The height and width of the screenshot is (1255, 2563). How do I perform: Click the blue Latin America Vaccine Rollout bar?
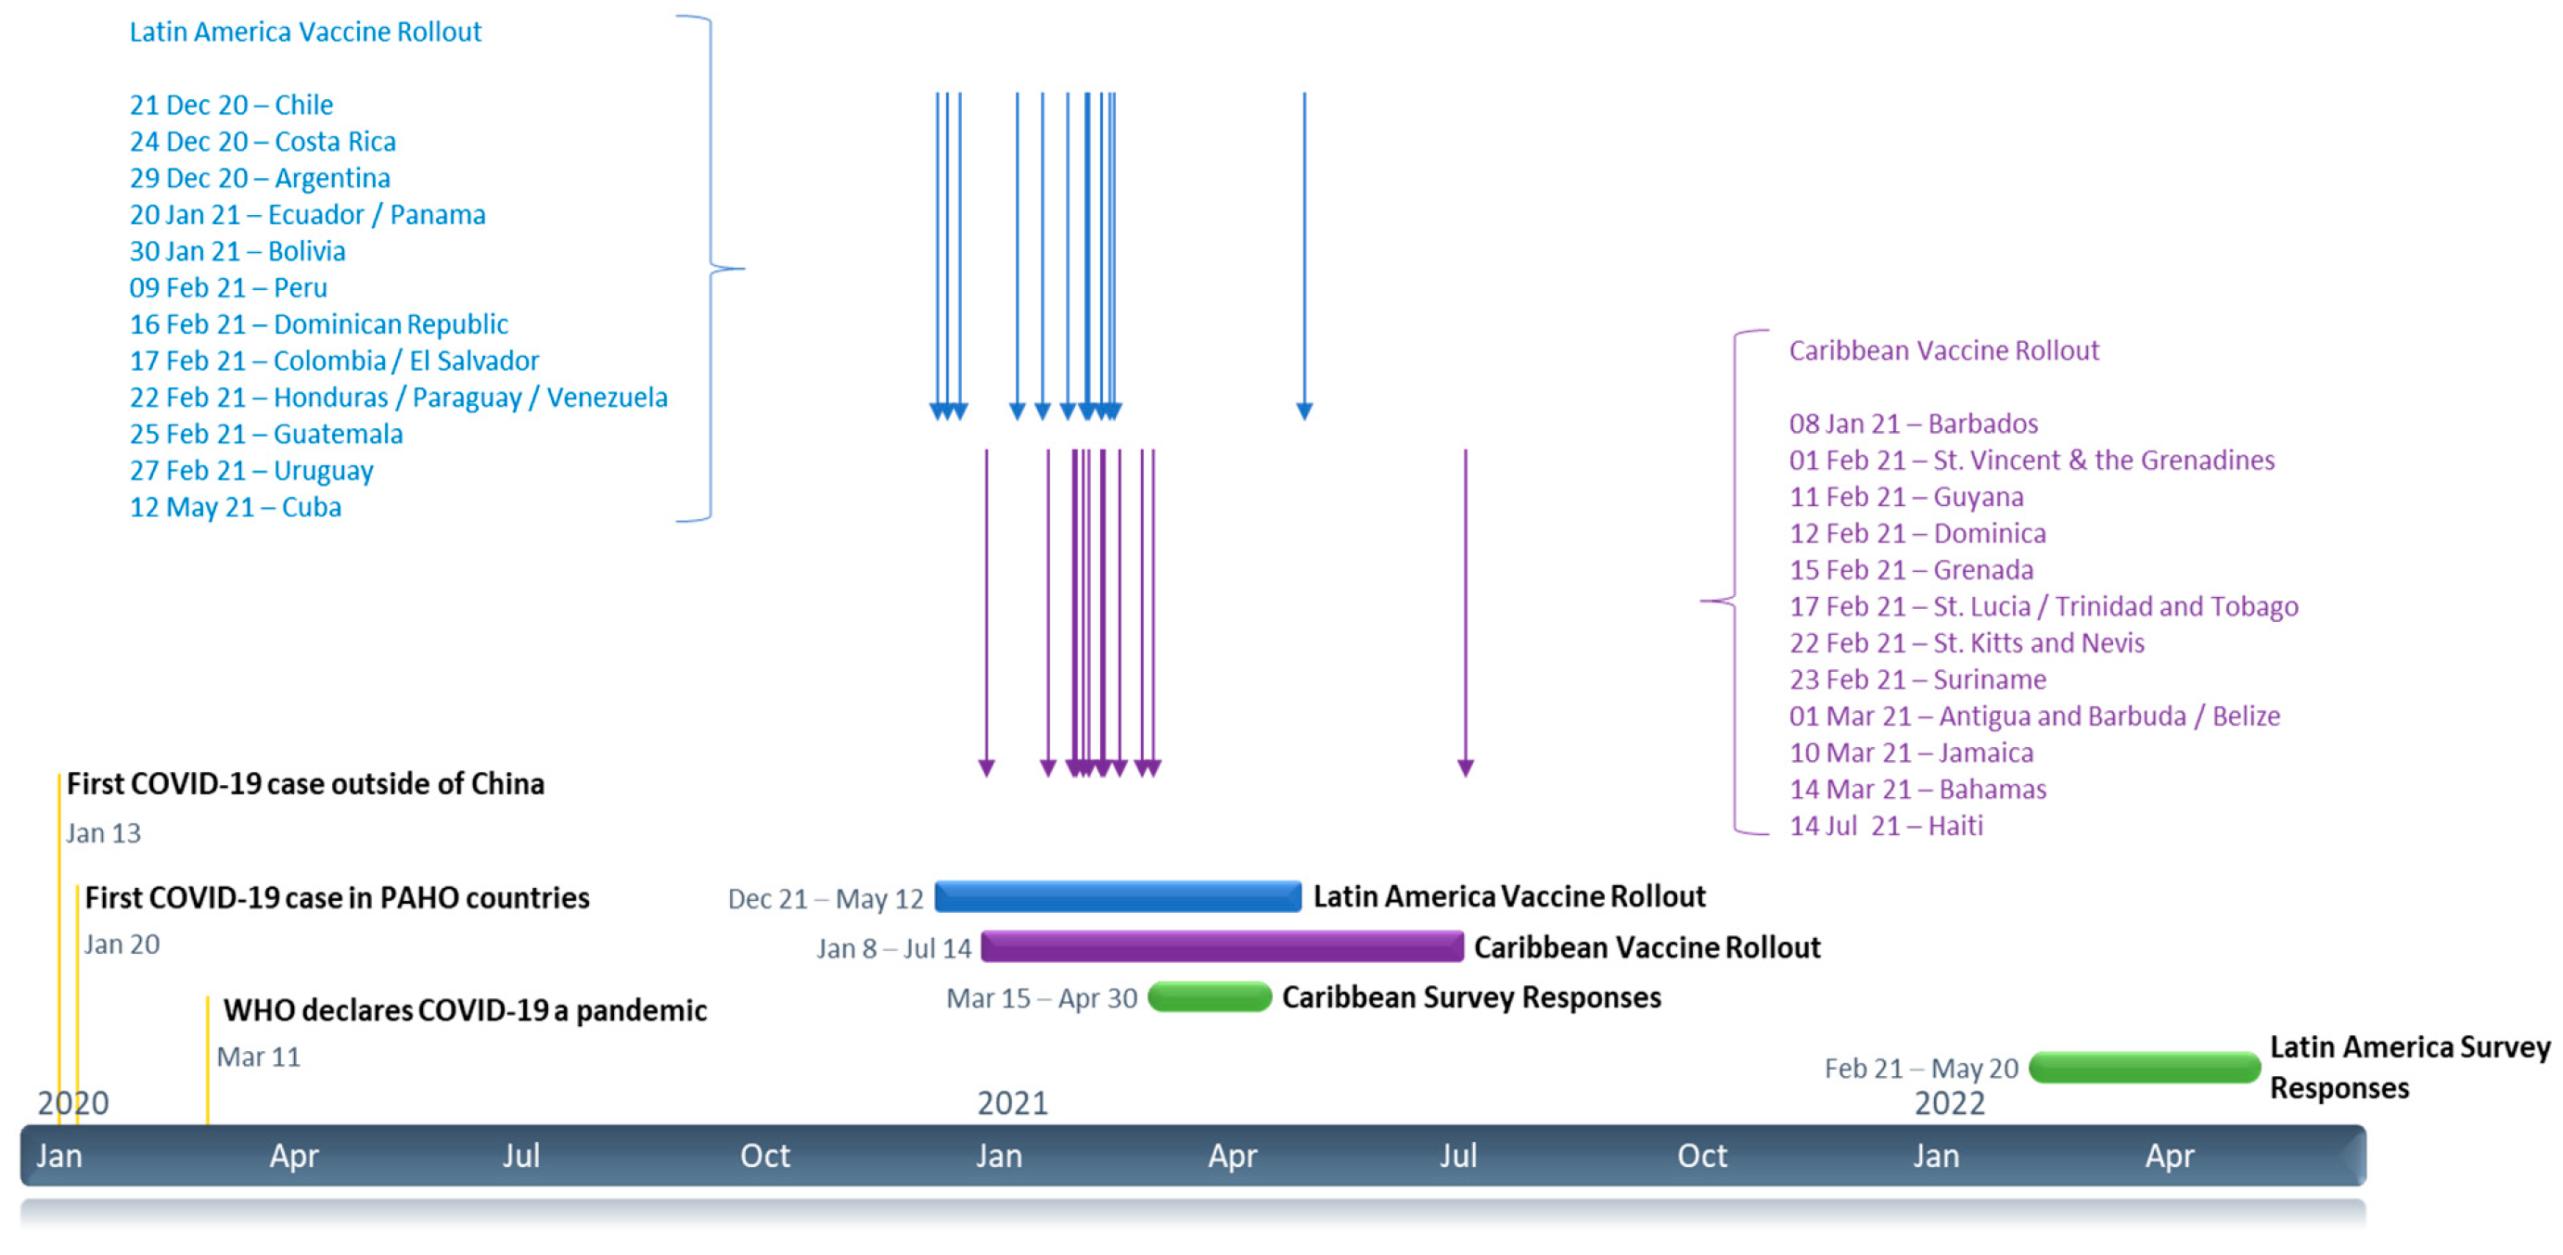click(x=1118, y=896)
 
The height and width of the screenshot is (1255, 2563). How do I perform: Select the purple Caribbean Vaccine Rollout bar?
click(x=1222, y=945)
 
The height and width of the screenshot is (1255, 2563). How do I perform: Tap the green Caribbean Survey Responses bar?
click(x=1209, y=996)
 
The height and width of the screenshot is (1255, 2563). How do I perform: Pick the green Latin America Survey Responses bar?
click(x=2144, y=1068)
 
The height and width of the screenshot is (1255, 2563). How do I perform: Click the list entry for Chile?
click(x=231, y=105)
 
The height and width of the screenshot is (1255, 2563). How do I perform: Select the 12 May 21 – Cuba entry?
click(x=235, y=507)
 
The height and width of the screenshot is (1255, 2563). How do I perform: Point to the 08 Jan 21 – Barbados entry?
click(x=1913, y=424)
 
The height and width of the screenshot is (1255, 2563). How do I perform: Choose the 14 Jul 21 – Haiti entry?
click(x=1886, y=826)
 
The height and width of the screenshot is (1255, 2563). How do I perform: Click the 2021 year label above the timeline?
click(x=1012, y=1103)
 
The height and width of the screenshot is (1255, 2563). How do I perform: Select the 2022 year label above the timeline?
click(x=1949, y=1103)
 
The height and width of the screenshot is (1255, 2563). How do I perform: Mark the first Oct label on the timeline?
click(x=764, y=1156)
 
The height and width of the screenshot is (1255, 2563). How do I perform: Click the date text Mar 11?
click(x=258, y=1057)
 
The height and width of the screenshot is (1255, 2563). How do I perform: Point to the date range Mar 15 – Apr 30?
click(x=1041, y=998)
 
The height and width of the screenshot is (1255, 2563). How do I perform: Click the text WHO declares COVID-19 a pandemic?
click(x=465, y=1010)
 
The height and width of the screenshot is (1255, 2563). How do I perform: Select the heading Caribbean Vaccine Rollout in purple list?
click(x=1943, y=350)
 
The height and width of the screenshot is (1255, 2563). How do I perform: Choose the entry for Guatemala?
click(x=265, y=434)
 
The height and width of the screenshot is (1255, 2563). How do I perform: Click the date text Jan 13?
click(x=104, y=833)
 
